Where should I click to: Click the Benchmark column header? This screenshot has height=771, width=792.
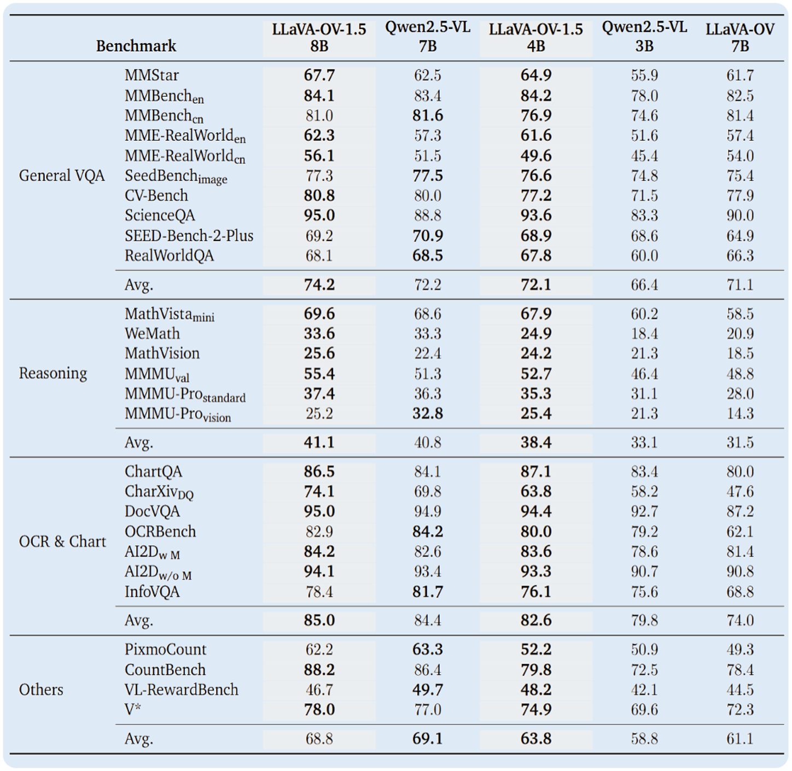click(136, 45)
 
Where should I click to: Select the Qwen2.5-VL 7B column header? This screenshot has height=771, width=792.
click(427, 37)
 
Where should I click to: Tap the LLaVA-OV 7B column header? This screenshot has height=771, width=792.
click(739, 37)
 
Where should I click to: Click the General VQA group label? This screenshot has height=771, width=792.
click(62, 176)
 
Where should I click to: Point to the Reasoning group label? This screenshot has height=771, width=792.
click(53, 373)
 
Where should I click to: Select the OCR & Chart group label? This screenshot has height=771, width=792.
click(62, 541)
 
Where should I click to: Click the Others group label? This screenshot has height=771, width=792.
click(41, 690)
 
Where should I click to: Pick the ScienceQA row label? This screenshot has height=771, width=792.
click(160, 215)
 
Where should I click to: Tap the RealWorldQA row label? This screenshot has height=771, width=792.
click(169, 255)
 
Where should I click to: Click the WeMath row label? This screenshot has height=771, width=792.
click(152, 334)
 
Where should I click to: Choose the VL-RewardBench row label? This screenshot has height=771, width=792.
click(182, 690)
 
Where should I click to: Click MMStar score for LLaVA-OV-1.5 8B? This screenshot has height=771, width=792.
click(319, 75)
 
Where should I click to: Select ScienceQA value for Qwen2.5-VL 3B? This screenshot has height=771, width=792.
click(644, 215)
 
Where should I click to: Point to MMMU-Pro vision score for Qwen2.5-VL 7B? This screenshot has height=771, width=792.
click(427, 414)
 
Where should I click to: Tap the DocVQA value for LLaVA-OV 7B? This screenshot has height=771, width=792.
click(739, 511)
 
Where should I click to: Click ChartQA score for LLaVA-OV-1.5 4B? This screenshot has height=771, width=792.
click(535, 471)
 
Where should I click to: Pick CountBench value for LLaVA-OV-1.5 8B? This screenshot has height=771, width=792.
click(319, 670)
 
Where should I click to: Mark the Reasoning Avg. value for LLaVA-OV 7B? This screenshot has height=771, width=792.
click(739, 442)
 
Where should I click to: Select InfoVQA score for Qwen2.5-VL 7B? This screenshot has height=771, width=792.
click(427, 592)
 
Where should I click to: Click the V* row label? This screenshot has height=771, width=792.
click(133, 709)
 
